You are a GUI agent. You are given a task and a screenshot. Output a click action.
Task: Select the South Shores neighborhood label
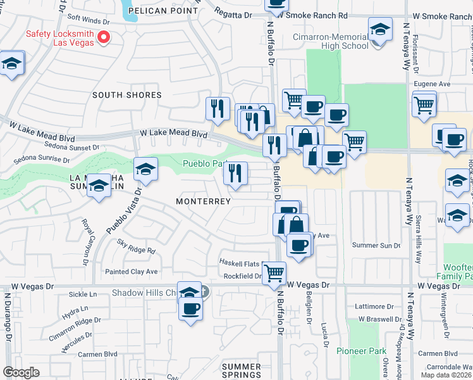coord(126,95)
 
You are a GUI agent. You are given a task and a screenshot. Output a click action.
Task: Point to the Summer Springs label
coord(241,371)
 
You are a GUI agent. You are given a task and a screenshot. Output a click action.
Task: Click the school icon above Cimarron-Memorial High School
coord(379,30)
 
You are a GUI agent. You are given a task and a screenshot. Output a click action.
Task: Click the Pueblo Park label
coord(201,163)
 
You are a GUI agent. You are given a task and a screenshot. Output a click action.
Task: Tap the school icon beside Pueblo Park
coord(146,169)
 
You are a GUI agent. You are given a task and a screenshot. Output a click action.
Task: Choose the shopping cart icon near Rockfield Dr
coord(274,273)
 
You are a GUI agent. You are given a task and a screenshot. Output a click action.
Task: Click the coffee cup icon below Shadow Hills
coord(190,309)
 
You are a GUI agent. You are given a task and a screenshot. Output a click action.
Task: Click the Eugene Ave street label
coord(432,83)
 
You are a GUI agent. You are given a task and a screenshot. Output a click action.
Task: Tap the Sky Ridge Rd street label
coord(136,246)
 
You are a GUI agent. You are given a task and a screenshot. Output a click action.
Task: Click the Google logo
coord(21,372)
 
